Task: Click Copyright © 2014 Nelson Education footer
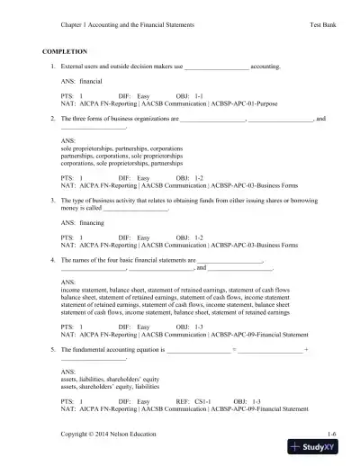click(109, 435)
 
